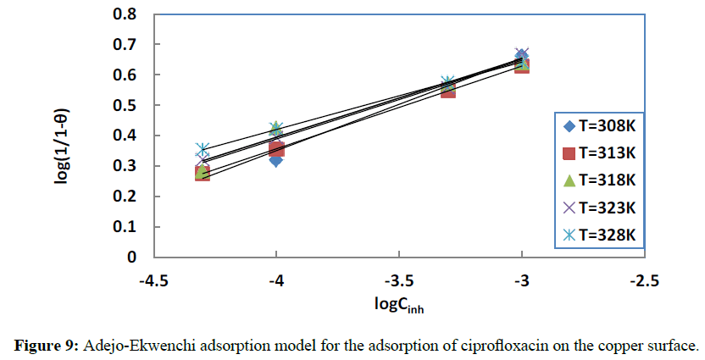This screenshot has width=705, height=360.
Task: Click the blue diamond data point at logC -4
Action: point(276,159)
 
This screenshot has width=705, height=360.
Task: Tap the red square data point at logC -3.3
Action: point(448,89)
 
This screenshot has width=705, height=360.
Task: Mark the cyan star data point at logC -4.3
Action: point(203,150)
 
